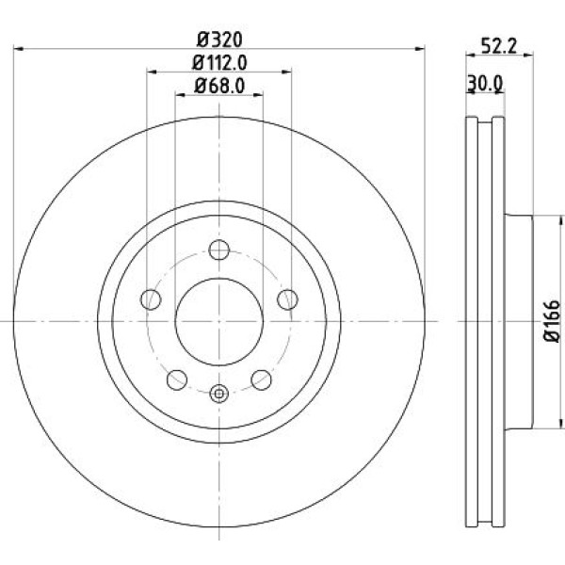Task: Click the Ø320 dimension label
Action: coord(219,40)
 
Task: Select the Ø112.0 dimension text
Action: coord(219,63)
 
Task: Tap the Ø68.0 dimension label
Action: coord(219,86)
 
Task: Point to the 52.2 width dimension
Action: coord(499,46)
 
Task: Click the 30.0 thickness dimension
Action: coord(485,84)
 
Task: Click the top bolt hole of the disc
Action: coord(219,250)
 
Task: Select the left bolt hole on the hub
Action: coord(151,299)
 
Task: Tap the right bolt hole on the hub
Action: coord(287,299)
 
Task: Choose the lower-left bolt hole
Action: coord(177,379)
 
